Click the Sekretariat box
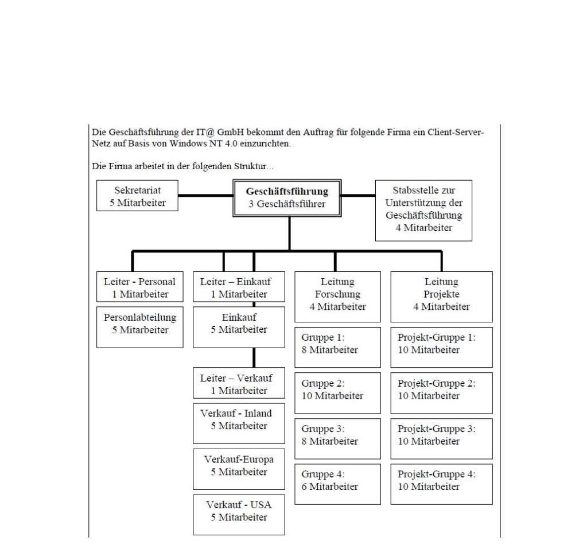(x=137, y=196)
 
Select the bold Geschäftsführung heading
(x=287, y=191)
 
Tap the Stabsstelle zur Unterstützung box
(x=423, y=211)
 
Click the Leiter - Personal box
(x=139, y=287)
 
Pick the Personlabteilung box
(x=139, y=327)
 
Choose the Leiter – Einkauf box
(x=239, y=287)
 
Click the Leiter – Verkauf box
(x=239, y=383)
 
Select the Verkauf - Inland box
(x=239, y=423)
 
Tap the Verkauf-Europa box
(x=239, y=469)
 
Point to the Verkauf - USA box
(x=239, y=515)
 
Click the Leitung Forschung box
(x=337, y=297)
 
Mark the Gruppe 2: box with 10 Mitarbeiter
(x=337, y=393)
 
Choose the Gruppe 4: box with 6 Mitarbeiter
(x=337, y=484)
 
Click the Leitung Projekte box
(x=441, y=297)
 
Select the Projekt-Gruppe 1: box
(x=441, y=347)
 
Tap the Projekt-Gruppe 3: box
(x=441, y=439)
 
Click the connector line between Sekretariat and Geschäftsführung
(x=205, y=196)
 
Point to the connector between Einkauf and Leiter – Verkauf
(x=254, y=357)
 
